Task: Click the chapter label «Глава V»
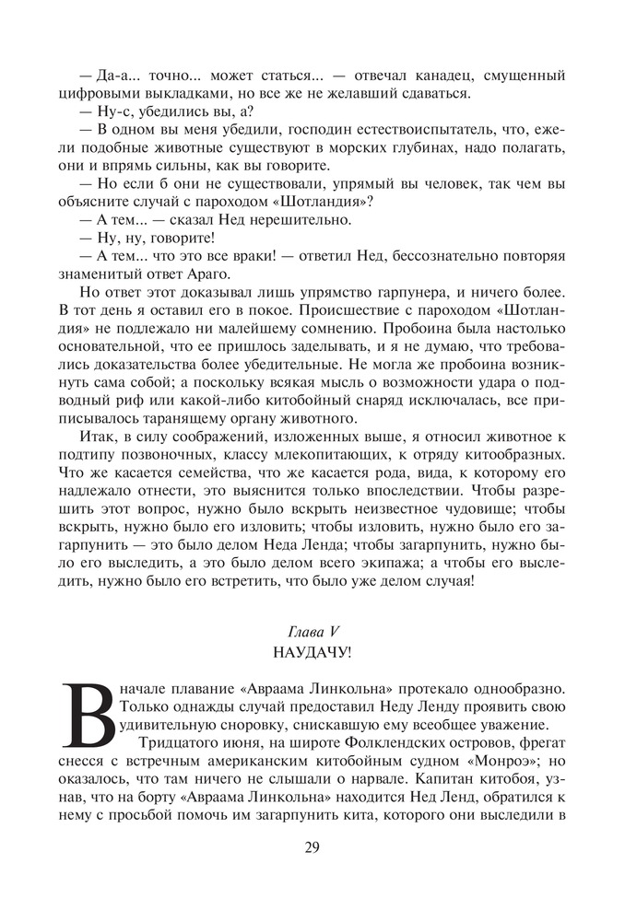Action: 312,633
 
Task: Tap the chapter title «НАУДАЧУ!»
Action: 312,653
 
